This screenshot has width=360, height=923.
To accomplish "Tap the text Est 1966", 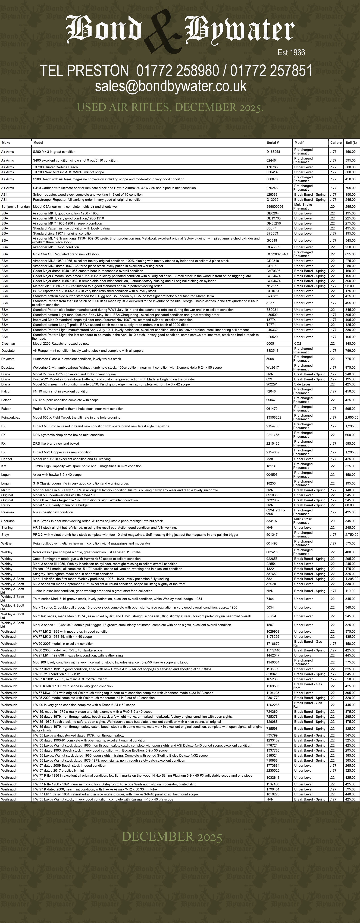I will pyautogui.click(x=291, y=53).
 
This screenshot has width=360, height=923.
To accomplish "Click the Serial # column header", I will pyautogui.click(x=273, y=143).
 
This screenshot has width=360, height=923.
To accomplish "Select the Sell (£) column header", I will pyautogui.click(x=351, y=143).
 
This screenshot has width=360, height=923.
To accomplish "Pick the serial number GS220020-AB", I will pyautogui.click(x=277, y=254).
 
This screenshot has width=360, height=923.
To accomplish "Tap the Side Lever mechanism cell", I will pyautogui.click(x=302, y=384).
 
